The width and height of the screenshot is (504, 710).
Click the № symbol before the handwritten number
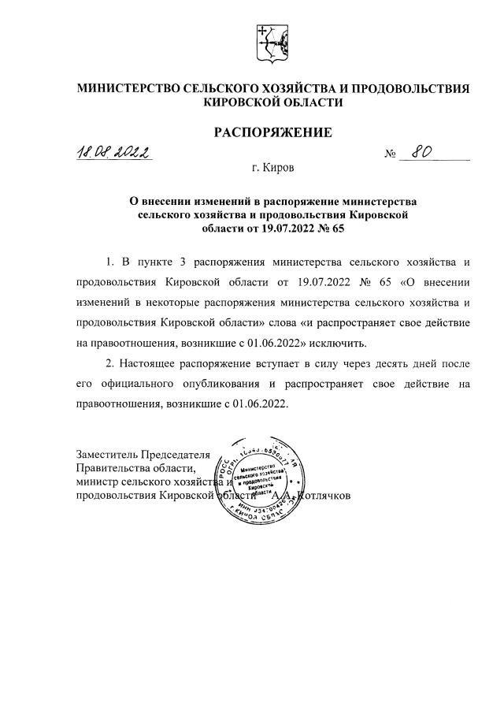tap(390, 154)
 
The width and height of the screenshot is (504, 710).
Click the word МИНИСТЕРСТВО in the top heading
tap(128, 89)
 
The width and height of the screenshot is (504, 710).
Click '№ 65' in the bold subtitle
tap(331, 229)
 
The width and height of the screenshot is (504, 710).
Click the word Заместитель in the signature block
tap(108, 455)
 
